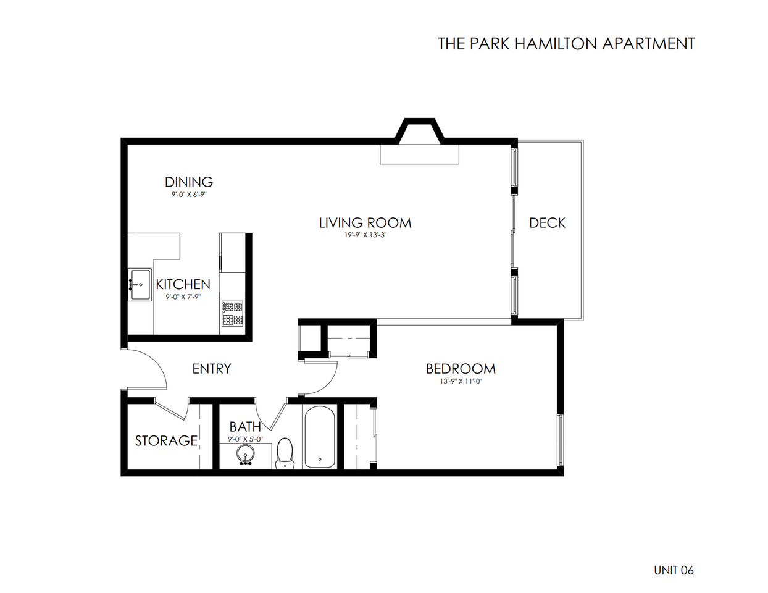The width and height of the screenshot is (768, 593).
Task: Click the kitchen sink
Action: point(140,284)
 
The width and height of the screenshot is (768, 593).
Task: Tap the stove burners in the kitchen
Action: point(232,313)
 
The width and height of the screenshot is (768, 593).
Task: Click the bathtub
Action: point(320,437)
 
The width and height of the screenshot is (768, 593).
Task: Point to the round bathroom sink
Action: point(245,453)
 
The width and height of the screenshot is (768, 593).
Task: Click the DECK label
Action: point(547,223)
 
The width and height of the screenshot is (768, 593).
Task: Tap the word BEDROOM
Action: point(461,369)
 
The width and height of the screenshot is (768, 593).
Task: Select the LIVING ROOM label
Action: point(365,223)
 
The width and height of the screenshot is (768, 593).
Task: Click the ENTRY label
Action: point(212,369)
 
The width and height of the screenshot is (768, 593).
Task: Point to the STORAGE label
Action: point(166,440)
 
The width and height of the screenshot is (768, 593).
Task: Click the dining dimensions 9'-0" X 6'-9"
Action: point(189,195)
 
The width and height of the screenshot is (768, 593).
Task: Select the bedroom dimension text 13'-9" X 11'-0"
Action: point(461,381)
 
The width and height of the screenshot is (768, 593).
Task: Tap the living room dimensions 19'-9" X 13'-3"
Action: point(365,235)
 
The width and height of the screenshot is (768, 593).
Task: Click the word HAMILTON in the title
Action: point(556,44)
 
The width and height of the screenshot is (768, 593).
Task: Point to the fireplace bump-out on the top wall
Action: point(419,131)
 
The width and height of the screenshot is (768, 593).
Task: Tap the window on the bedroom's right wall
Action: point(561,440)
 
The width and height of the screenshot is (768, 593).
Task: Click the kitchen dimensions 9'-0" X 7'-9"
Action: point(183,297)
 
